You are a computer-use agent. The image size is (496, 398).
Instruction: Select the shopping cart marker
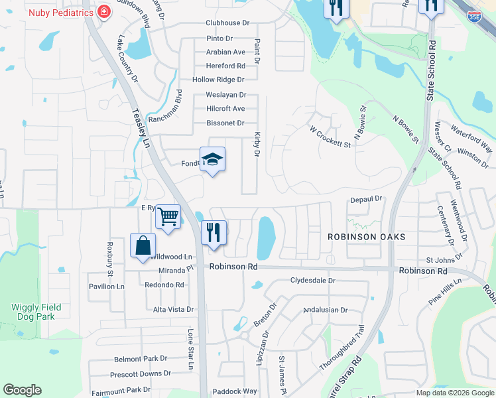click(168, 216)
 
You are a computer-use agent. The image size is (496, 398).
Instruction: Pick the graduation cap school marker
click(212, 159)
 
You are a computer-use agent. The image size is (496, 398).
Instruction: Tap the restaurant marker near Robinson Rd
click(214, 233)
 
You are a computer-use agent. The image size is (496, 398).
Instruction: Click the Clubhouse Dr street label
click(227, 23)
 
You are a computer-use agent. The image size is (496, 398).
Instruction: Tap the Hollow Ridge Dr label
click(218, 80)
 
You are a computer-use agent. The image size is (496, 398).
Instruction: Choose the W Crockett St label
click(330, 136)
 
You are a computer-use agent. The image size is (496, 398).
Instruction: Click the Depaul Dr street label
click(367, 198)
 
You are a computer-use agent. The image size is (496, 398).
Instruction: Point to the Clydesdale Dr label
click(313, 281)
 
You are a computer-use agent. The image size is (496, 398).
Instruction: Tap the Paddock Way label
click(234, 391)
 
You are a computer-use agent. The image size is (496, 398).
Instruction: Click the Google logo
click(22, 390)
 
